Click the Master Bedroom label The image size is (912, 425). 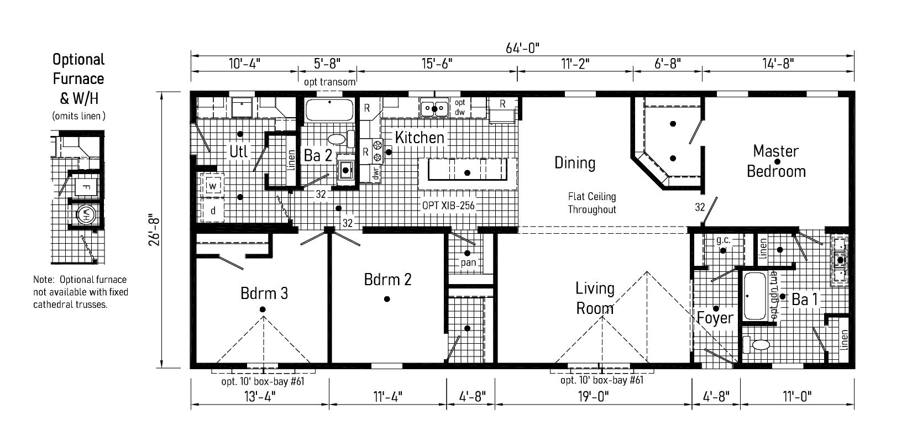point(776,161)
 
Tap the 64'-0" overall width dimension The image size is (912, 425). point(522,48)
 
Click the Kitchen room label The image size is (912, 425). point(420,137)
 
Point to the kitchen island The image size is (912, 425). point(468,172)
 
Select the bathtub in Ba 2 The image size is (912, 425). point(330,110)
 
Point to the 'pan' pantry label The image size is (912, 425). point(468,263)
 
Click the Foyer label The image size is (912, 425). point(715,318)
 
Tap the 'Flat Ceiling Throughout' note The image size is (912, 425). point(591,203)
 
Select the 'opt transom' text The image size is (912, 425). point(329,82)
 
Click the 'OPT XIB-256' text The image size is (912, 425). point(448,205)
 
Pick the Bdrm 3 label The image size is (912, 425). point(264,293)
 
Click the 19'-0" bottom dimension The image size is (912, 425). point(595,396)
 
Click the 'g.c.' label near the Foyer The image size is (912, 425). point(723,240)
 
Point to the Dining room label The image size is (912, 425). point(575,162)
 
